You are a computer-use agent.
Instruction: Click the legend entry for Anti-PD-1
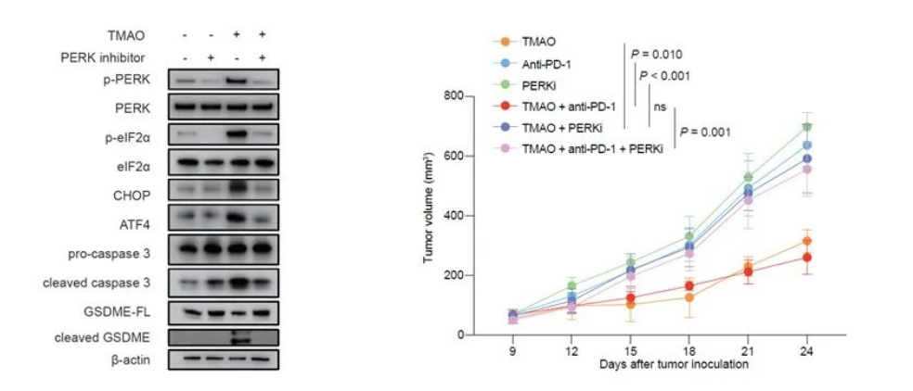(548, 63)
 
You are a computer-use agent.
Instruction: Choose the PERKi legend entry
(539, 84)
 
